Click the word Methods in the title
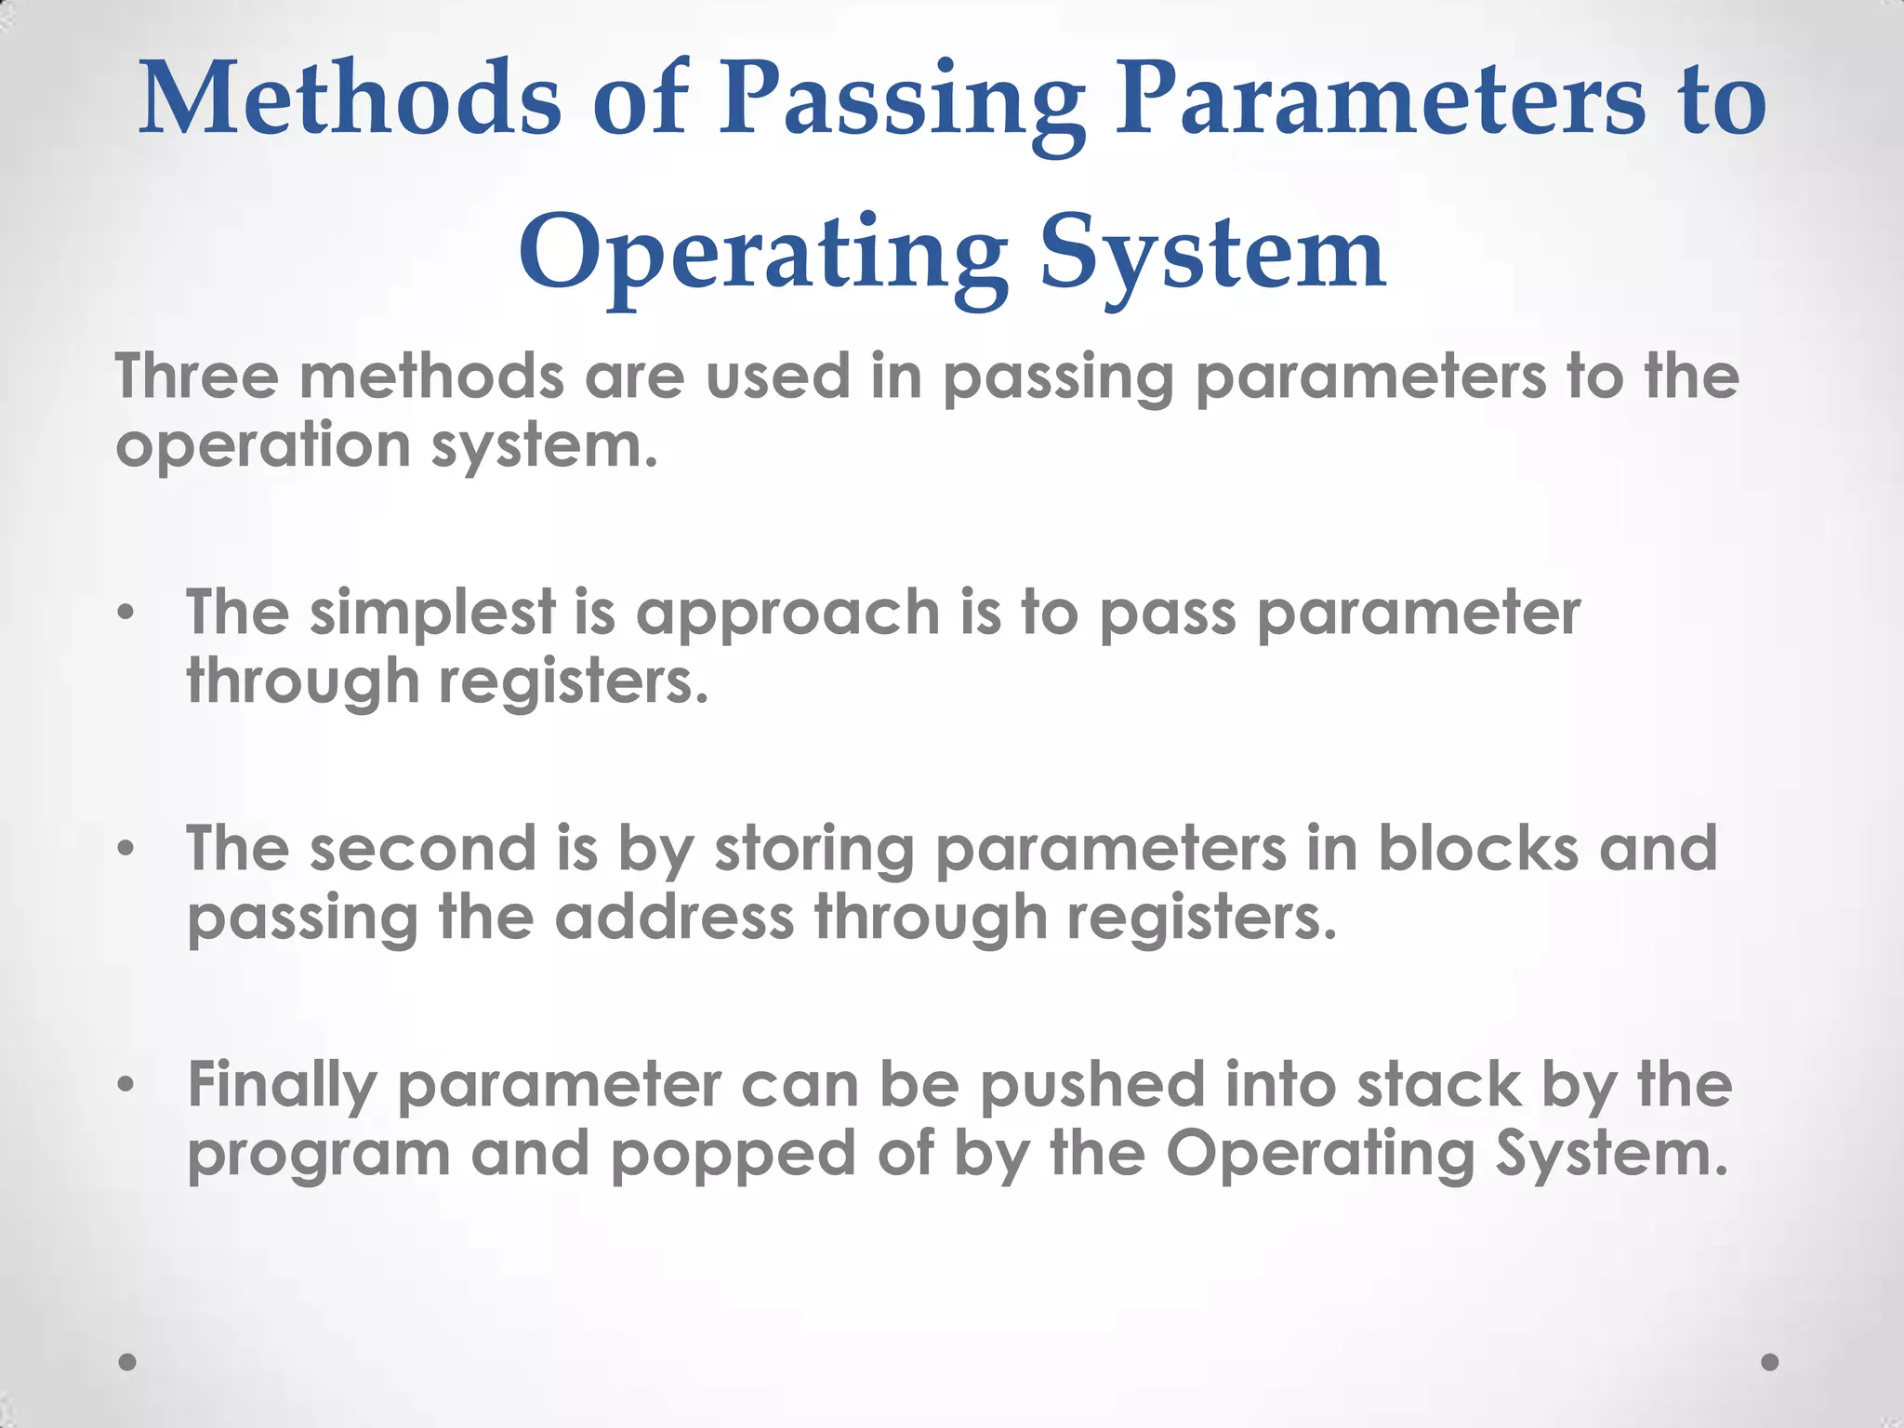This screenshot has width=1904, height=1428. point(350,99)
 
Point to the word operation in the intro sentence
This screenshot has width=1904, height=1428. point(262,447)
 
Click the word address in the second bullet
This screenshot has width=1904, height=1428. point(674,918)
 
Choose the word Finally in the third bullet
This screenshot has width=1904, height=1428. point(281,1088)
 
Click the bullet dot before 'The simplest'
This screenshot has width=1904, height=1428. point(127,614)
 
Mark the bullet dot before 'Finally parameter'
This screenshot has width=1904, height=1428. point(127,1085)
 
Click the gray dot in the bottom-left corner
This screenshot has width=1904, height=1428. point(128,1362)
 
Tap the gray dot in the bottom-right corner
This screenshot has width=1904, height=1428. point(1770,1362)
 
